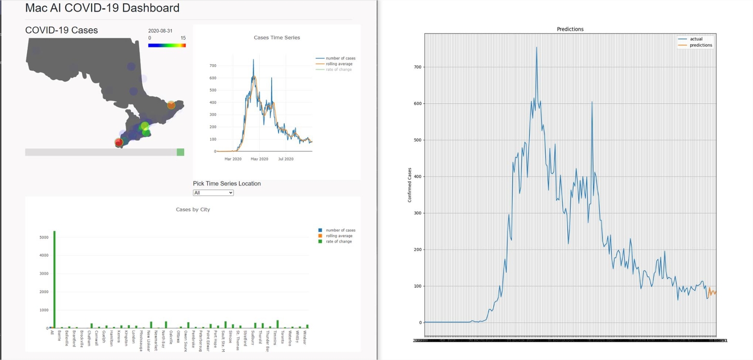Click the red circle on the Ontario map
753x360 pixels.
click(119, 142)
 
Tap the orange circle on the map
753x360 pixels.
click(171, 105)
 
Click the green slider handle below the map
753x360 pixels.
click(180, 152)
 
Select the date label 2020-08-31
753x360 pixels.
click(160, 31)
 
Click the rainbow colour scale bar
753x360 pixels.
click(166, 46)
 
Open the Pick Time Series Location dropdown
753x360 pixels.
click(213, 192)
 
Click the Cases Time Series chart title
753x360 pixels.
click(276, 37)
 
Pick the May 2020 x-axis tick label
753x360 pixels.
click(259, 159)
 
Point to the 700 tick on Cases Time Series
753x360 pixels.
click(213, 66)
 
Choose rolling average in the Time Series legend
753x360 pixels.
click(339, 64)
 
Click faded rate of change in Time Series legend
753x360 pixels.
click(339, 70)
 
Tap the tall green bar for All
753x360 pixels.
click(54, 280)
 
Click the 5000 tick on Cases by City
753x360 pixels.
click(44, 238)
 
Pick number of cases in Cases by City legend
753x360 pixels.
click(340, 230)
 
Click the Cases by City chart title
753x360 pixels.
click(193, 210)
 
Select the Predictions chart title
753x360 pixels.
click(570, 29)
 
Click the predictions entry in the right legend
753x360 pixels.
click(700, 45)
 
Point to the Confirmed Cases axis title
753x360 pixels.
click(410, 185)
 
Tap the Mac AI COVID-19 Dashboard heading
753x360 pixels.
click(102, 8)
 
